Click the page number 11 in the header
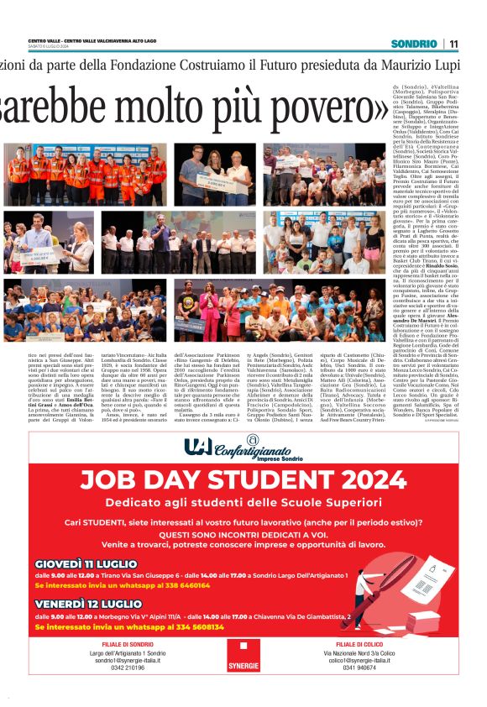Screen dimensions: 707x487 453,44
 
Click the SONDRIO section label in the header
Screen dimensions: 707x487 413,44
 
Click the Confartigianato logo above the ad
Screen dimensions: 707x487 243,446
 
